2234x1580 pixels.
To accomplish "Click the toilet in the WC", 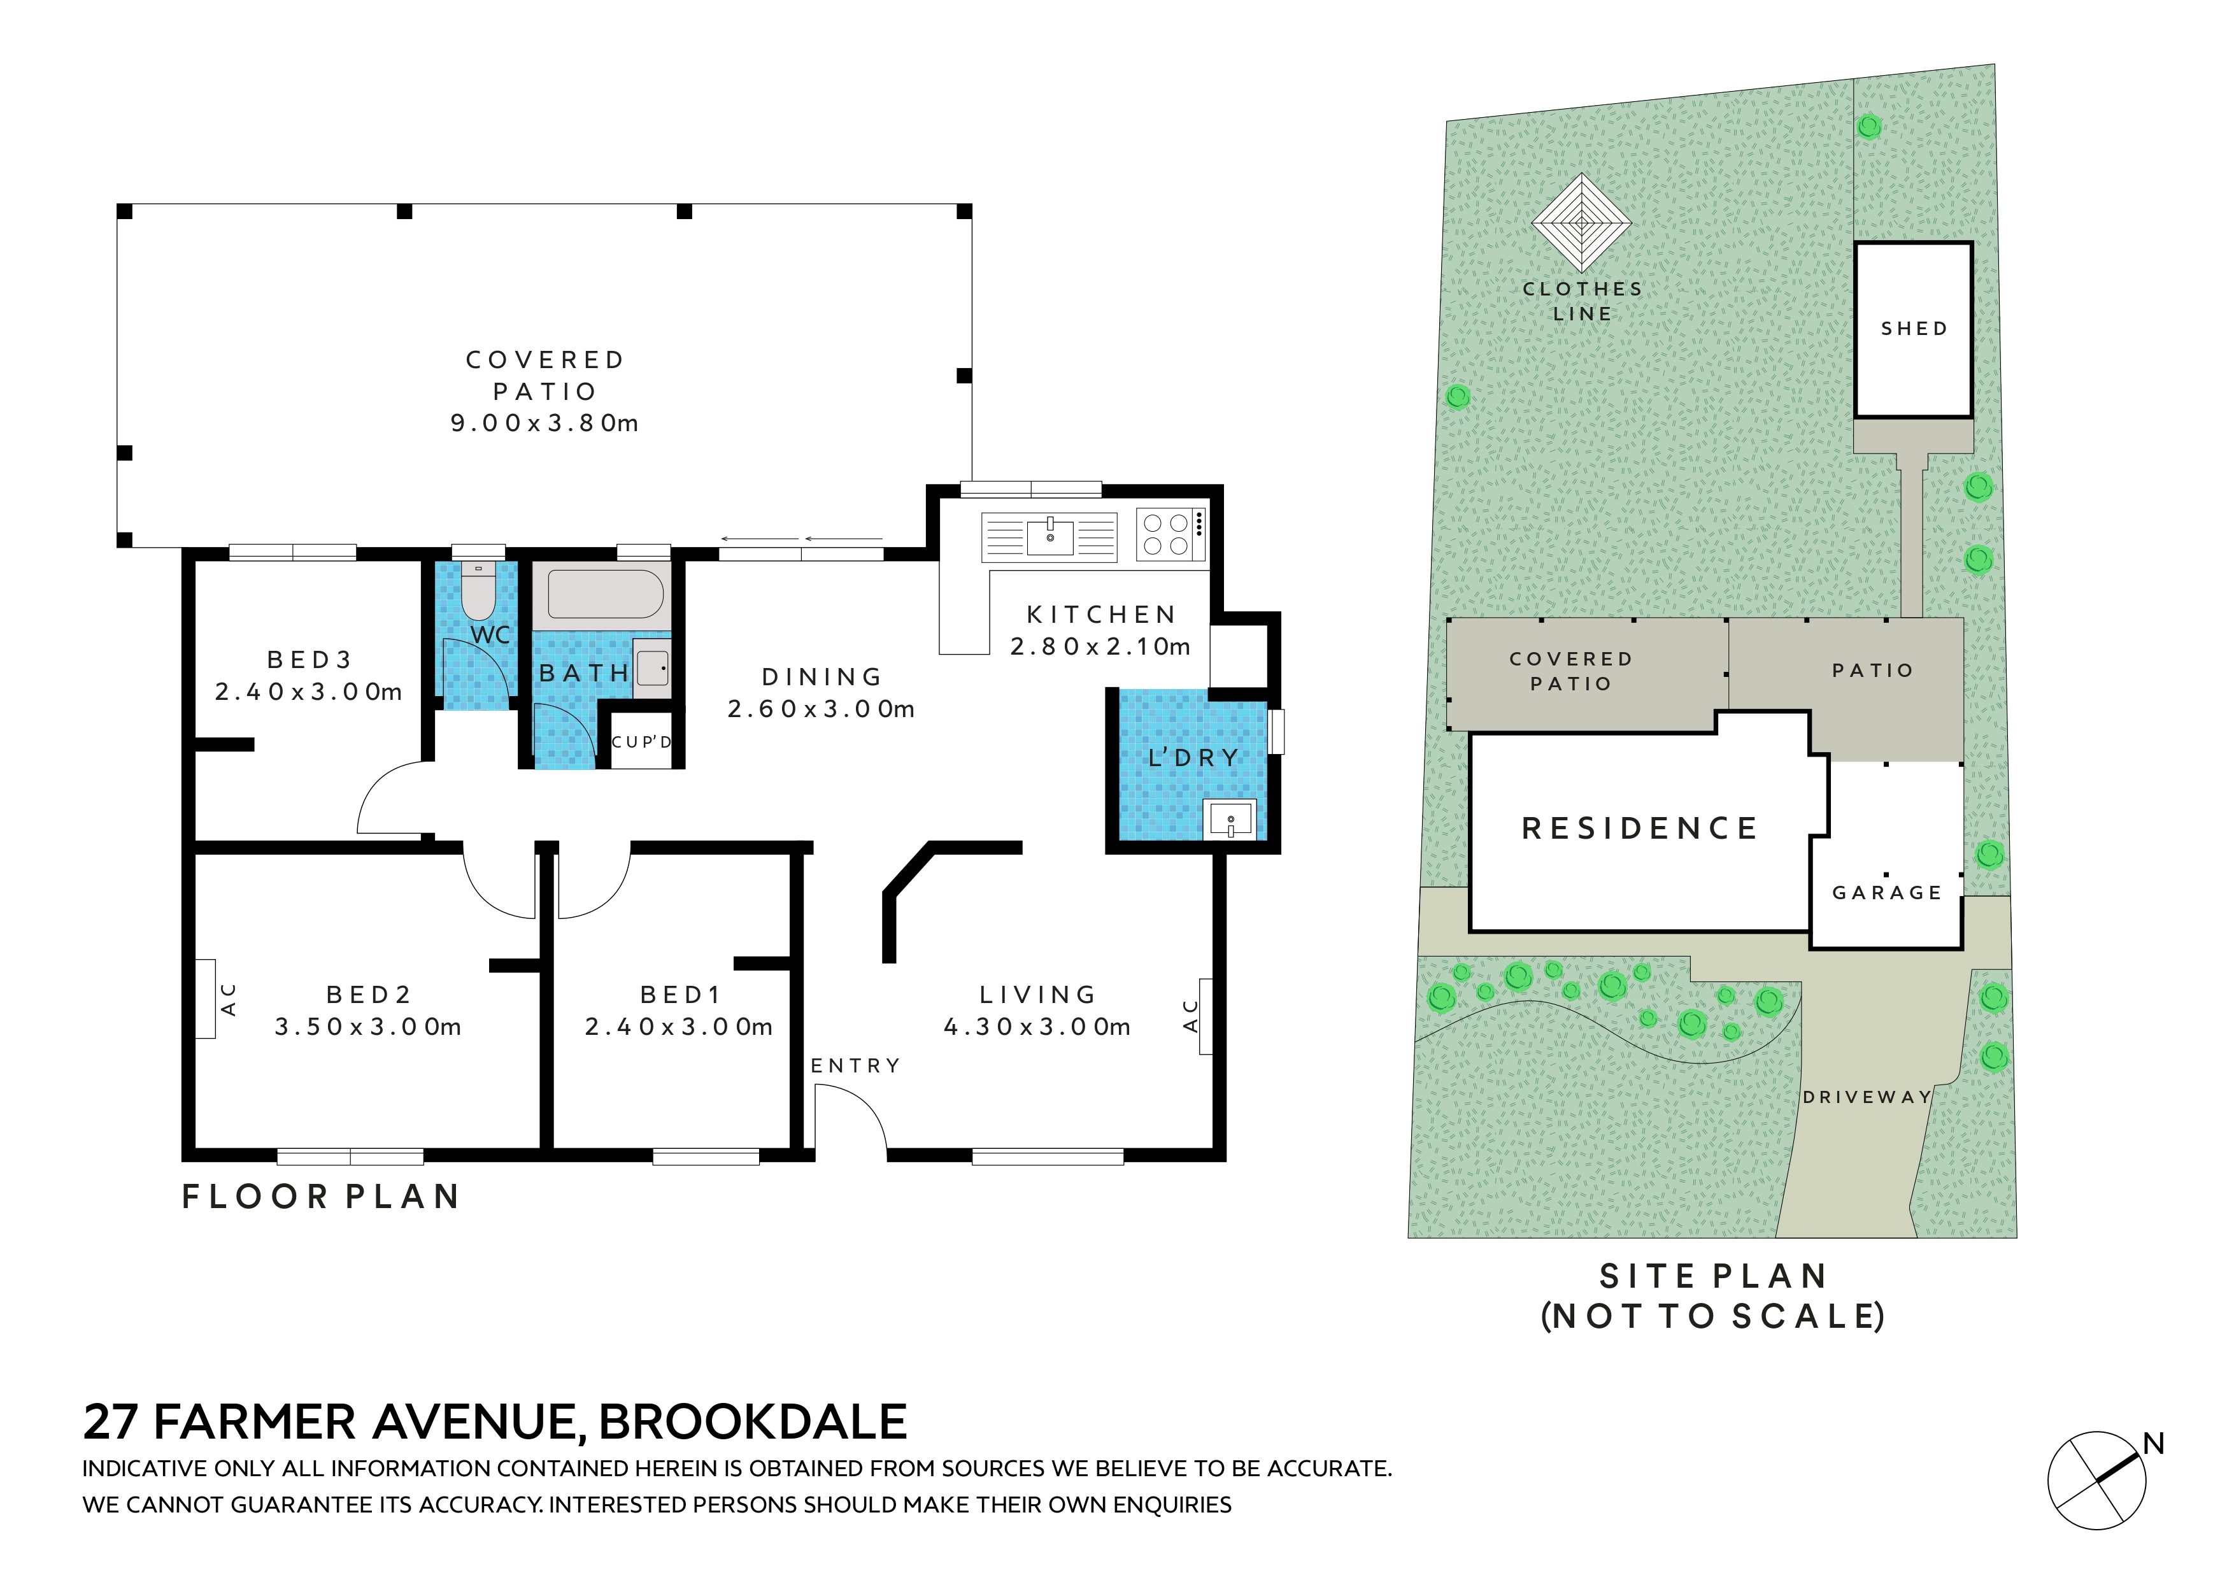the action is (478, 590).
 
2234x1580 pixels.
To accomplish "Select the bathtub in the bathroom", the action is (605, 594).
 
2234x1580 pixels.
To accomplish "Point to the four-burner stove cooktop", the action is (1170, 535).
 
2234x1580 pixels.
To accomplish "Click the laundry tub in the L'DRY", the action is (1230, 819).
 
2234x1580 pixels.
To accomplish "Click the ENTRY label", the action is (855, 1066).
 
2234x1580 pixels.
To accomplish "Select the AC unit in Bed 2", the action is (205, 999).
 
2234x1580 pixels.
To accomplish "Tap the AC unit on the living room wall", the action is (1206, 1016).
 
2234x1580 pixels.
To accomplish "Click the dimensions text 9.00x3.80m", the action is (544, 423).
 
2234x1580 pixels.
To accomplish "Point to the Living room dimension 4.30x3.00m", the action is (1037, 1027).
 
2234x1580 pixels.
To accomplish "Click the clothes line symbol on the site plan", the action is (1581, 223).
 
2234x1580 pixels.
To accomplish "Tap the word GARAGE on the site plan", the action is (1887, 893).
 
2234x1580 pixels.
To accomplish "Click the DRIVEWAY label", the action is (1866, 1097).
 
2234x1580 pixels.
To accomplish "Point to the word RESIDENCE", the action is (1639, 829).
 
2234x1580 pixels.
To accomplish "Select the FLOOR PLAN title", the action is (320, 1197).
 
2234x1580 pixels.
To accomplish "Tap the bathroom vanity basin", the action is (652, 667).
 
